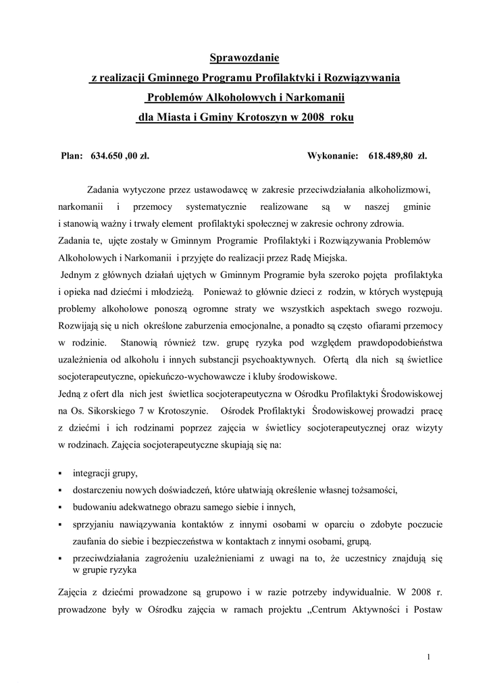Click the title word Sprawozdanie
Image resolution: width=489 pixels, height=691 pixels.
pos(244,59)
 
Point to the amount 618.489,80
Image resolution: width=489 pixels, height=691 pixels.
pos(392,156)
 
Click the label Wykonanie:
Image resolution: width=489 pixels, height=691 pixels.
pos(332,156)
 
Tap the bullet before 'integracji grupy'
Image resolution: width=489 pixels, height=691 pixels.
pos(61,474)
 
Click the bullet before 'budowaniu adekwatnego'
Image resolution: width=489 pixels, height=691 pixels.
pos(61,507)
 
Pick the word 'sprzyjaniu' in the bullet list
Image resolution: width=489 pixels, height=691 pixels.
pos(95,524)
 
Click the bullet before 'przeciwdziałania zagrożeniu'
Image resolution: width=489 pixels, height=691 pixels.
pos(61,559)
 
